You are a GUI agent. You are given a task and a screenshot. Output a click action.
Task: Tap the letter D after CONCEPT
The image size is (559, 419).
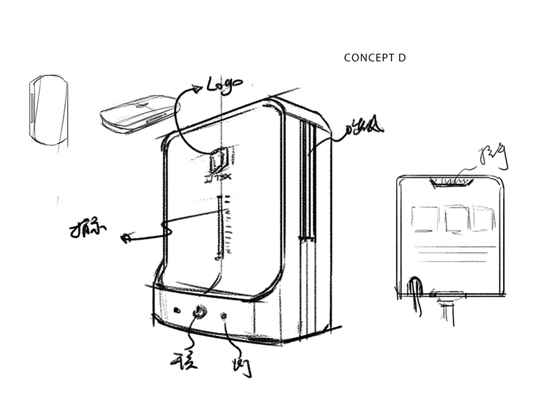pyautogui.click(x=402, y=58)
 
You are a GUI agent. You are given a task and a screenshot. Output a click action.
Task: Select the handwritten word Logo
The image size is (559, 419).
pyautogui.click(x=224, y=85)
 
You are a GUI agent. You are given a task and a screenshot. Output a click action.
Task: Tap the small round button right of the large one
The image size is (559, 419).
pyautogui.click(x=225, y=317)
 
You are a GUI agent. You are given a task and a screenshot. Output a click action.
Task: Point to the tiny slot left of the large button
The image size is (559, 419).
pyautogui.click(x=177, y=310)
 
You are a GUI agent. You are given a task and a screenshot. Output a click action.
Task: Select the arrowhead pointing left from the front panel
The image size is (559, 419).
pyautogui.click(x=126, y=238)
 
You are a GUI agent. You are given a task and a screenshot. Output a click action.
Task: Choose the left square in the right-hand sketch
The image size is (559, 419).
pyautogui.click(x=424, y=218)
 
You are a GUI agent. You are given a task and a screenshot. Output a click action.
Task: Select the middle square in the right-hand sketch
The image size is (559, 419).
pyautogui.click(x=456, y=219)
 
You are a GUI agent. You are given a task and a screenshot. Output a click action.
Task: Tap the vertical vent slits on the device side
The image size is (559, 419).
pyautogui.click(x=305, y=182)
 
